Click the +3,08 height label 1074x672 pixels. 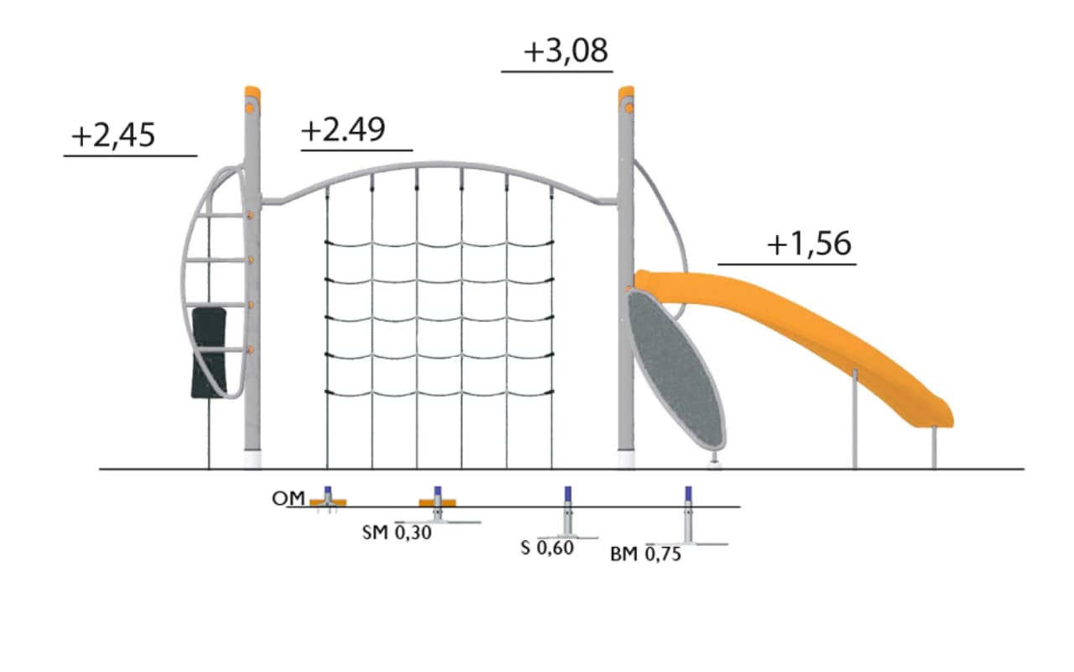[566, 51]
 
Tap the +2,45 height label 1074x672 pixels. [113, 135]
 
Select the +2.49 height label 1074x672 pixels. [343, 129]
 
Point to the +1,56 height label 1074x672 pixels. [810, 244]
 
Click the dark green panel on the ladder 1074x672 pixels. [209, 353]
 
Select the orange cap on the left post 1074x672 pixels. [253, 93]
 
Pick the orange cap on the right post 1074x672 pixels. [626, 93]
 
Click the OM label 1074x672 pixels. [288, 499]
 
